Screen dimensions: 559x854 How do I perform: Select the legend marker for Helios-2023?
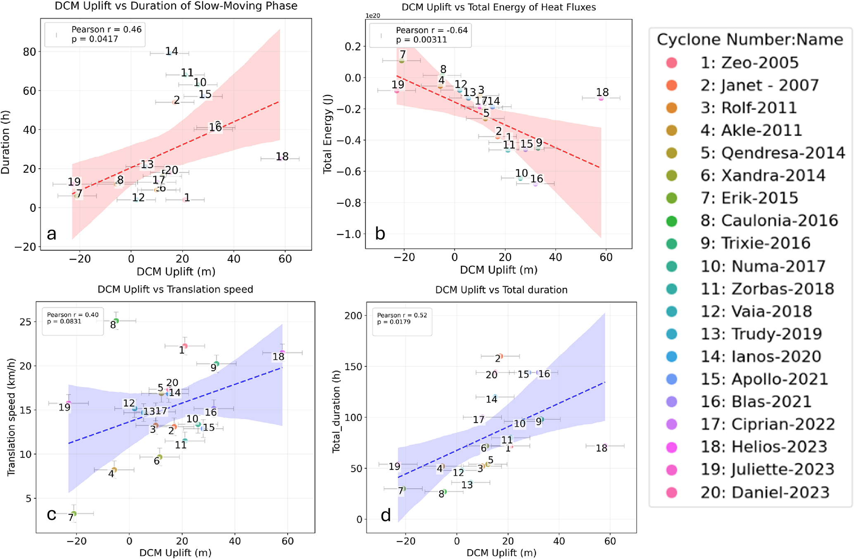tap(672, 447)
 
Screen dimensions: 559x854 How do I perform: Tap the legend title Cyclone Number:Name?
tap(750, 40)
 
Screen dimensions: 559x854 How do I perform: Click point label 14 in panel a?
tap(171, 51)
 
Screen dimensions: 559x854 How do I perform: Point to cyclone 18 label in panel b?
tap(602, 92)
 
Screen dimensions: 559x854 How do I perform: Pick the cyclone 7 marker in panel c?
tap(74, 514)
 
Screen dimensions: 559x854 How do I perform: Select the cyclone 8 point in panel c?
tap(117, 321)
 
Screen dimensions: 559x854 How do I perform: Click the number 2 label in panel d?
tap(497, 358)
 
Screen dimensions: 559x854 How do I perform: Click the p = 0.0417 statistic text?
tap(95, 39)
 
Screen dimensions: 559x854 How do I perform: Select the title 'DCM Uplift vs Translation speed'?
tap(175, 289)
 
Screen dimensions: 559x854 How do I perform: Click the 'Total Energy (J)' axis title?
tap(328, 134)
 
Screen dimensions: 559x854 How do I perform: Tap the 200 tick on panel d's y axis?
tap(353, 315)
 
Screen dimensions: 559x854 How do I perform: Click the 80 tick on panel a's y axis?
tap(30, 52)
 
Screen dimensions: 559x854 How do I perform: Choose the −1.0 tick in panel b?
tap(349, 234)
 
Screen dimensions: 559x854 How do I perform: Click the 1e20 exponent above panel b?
tap(373, 16)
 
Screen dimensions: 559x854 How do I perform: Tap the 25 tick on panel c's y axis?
tap(25, 322)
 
